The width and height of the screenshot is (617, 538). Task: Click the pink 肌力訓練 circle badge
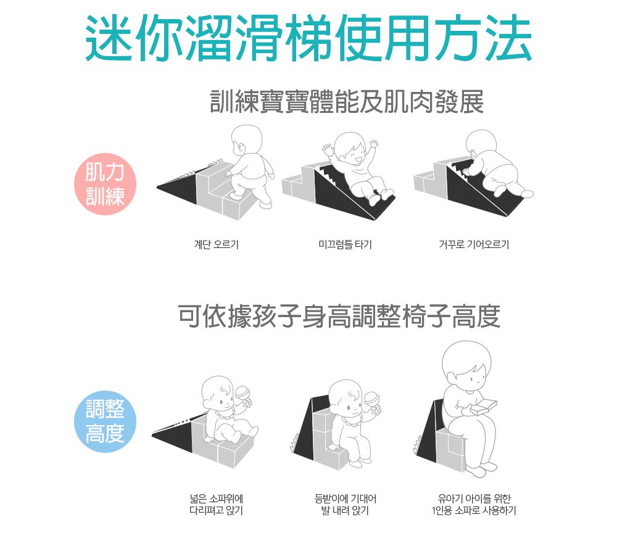pos(105,184)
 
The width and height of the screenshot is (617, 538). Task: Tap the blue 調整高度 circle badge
pos(105,421)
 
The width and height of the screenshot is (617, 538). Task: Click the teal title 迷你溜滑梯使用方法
pos(308,38)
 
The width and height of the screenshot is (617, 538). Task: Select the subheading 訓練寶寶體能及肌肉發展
pos(347,102)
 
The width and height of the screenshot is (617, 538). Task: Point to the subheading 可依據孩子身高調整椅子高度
pos(339,316)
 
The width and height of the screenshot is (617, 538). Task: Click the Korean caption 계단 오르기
pos(217,244)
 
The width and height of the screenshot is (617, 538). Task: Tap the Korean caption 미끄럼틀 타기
pos(345,244)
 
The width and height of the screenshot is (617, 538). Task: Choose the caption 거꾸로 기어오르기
pos(474,244)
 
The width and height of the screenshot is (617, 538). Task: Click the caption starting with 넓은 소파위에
pos(217,505)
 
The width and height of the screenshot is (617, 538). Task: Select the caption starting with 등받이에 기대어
pos(345,505)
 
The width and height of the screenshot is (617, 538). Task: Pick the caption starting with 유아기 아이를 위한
pos(474,505)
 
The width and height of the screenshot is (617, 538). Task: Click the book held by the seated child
pos(485,407)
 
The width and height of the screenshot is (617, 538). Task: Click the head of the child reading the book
pos(466,365)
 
